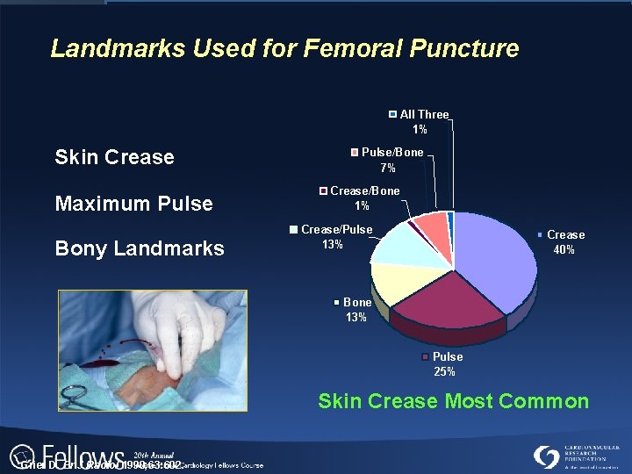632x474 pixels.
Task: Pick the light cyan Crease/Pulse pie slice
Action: [x=399, y=246]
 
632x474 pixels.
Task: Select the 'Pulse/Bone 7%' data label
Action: [x=387, y=160]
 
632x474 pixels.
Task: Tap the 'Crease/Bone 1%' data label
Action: [x=361, y=198]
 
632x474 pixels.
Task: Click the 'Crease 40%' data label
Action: [x=562, y=242]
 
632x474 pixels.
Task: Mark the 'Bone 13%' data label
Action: [x=355, y=310]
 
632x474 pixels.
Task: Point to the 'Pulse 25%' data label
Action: [x=445, y=364]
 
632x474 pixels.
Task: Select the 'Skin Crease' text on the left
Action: [x=114, y=158]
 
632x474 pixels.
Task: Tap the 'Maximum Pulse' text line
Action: [x=133, y=205]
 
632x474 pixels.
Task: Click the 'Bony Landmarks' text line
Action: [x=140, y=249]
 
